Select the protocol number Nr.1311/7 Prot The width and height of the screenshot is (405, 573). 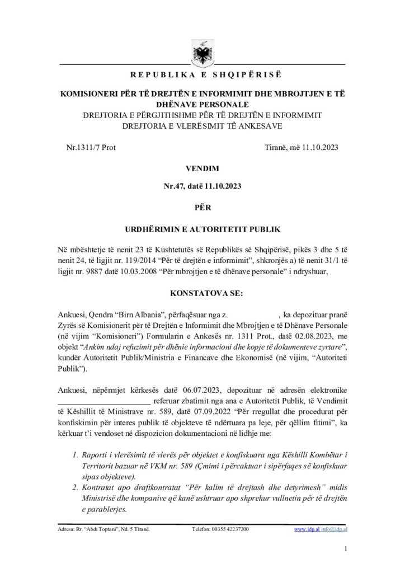91,148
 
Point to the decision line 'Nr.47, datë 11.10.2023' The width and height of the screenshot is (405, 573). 202,188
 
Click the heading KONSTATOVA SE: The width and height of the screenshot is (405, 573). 202,293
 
